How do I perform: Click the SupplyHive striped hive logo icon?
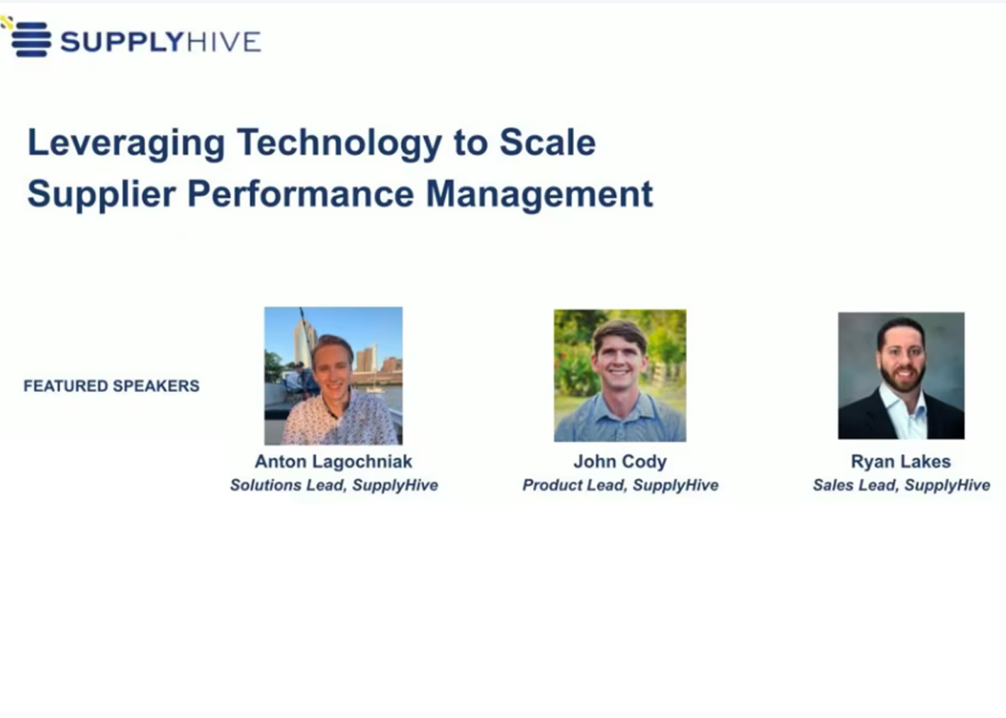pos(30,38)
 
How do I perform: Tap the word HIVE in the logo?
pos(223,41)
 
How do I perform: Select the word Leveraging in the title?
pos(127,143)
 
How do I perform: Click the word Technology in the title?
pos(340,143)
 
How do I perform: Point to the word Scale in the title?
pos(547,142)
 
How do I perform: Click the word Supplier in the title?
pos(101,195)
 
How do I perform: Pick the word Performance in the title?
pos(300,194)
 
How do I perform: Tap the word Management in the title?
pos(539,195)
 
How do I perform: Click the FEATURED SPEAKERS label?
pos(111,386)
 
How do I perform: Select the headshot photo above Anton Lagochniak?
pos(334,376)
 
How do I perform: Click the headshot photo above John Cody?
pos(620,376)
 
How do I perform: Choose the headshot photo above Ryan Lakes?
pos(901,376)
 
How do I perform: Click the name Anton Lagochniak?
pos(334,462)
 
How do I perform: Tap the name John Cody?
pos(620,462)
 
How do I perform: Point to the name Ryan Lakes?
pos(901,462)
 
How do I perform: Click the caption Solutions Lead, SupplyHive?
pos(334,486)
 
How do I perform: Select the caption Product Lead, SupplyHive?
pos(620,486)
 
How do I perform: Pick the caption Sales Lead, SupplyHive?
pos(902,486)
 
